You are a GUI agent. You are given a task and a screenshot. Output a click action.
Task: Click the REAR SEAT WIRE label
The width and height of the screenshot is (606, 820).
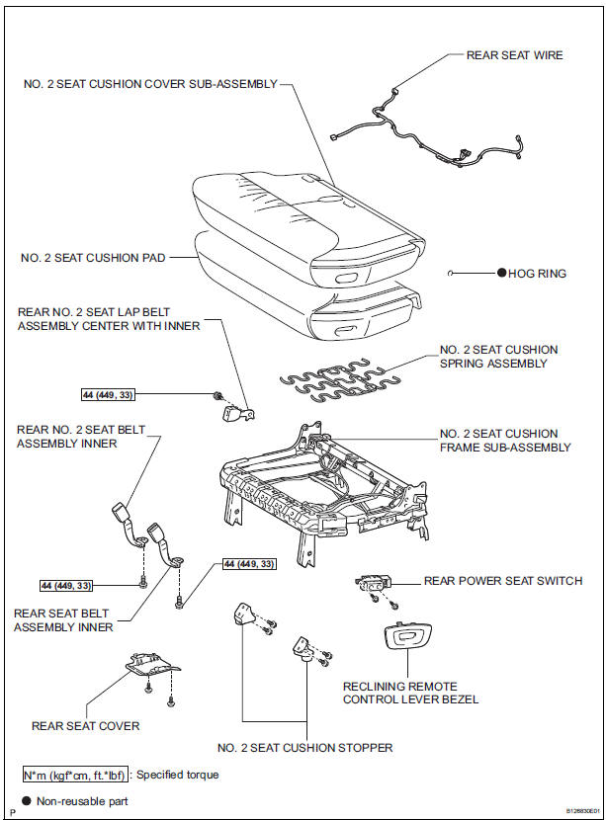tap(514, 55)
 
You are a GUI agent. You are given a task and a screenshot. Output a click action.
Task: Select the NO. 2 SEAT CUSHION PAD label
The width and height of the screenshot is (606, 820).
tap(93, 257)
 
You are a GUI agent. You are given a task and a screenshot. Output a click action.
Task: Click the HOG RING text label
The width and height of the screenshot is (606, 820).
tap(538, 273)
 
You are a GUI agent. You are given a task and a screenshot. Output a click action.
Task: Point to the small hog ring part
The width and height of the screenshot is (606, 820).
tap(451, 273)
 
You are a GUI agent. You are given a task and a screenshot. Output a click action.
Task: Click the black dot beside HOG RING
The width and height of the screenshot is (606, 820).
tap(501, 273)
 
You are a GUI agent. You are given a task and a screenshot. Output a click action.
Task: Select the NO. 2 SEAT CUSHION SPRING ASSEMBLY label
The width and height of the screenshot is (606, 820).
tap(498, 357)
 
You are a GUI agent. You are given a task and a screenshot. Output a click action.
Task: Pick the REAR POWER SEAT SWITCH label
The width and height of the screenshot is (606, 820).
tap(502, 581)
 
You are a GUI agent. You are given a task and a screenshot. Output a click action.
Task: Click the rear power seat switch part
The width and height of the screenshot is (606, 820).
tap(374, 586)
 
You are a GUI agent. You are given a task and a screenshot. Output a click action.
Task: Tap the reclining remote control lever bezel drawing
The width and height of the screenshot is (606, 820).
tap(405, 639)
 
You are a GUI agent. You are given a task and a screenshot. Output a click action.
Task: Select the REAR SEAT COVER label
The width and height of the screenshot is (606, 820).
tap(86, 726)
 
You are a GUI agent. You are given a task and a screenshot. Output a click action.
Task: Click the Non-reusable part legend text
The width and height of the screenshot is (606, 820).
tap(82, 801)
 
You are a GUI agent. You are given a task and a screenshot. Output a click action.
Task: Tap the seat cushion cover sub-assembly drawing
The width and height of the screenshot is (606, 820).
tap(297, 212)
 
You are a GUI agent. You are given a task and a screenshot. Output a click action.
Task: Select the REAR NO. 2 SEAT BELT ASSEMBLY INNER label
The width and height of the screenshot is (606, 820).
tap(66, 437)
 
